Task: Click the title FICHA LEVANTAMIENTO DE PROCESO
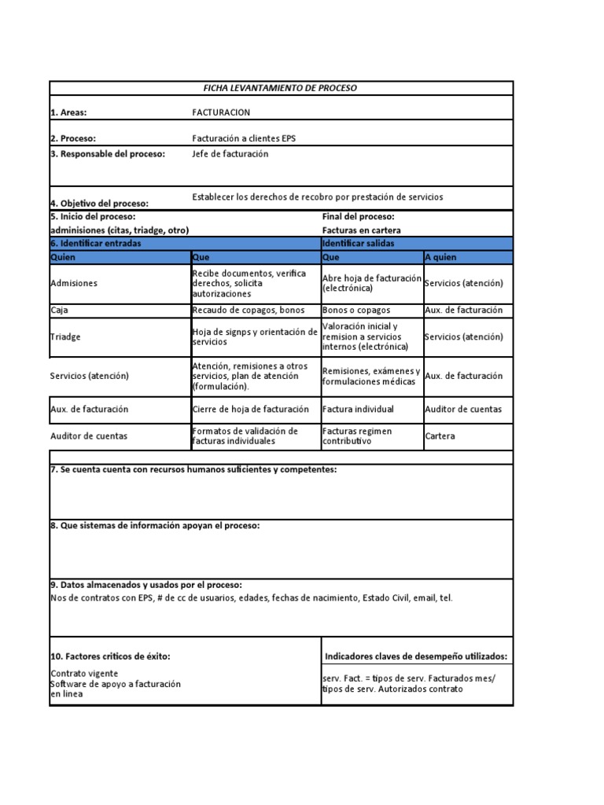[282, 88]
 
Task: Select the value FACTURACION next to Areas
[221, 112]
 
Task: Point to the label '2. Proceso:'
[73, 138]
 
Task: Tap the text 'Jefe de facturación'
[230, 154]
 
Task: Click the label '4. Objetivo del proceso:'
[99, 203]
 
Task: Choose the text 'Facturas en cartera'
[361, 230]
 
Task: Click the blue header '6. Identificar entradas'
[96, 244]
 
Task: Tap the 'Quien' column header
[62, 257]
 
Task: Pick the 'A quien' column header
[440, 257]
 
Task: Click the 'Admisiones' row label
[74, 283]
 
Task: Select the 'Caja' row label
[60, 311]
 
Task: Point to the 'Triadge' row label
[65, 336]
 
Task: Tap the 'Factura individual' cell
[358, 409]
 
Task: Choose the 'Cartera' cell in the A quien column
[440, 436]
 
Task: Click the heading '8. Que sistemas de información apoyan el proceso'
[155, 525]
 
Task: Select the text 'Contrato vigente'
[85, 674]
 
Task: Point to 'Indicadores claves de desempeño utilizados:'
[416, 656]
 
